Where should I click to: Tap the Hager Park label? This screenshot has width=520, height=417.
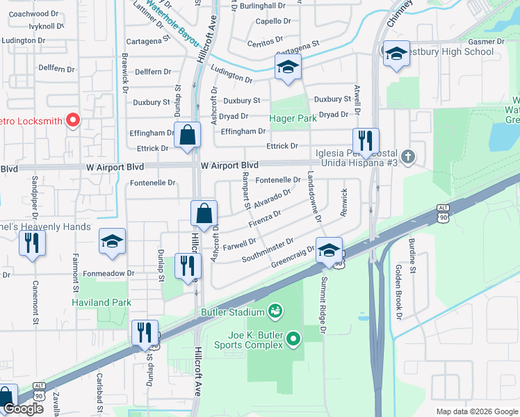[293, 118]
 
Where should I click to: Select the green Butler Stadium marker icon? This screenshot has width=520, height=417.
[275, 310]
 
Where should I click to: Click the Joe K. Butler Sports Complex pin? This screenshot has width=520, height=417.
[293, 339]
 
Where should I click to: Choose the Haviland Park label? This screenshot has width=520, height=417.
[101, 303]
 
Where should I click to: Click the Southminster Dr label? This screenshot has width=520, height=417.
[268, 252]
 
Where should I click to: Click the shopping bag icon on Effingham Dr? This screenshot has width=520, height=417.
[188, 135]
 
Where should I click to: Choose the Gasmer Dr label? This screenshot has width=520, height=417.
[490, 42]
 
